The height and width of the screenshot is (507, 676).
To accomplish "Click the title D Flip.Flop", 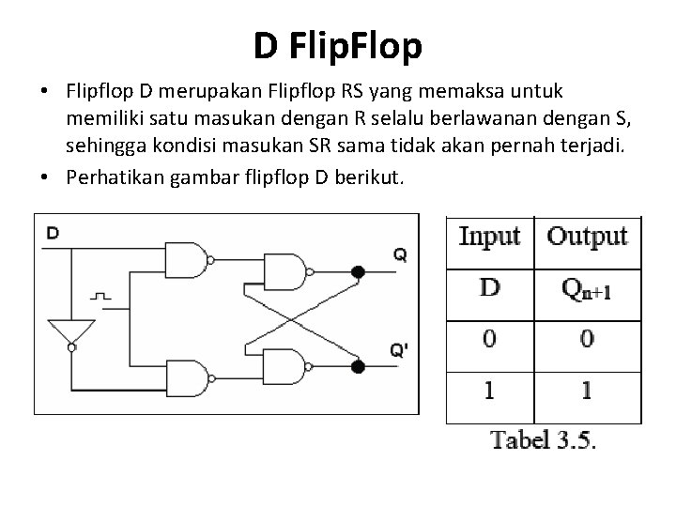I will (x=337, y=44).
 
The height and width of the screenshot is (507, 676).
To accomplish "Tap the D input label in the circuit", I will (x=54, y=233).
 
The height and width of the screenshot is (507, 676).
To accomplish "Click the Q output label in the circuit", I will (x=400, y=253).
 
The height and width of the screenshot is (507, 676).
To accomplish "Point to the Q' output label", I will (x=400, y=351).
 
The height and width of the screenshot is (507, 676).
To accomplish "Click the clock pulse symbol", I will (x=101, y=296).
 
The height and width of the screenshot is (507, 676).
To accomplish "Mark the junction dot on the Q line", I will (x=357, y=272).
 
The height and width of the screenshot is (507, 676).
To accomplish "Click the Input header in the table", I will (x=489, y=236).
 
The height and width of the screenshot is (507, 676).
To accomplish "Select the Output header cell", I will (x=587, y=236).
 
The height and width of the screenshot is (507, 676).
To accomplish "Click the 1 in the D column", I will (x=489, y=390).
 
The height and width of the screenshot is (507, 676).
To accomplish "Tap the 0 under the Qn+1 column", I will (x=587, y=339).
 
